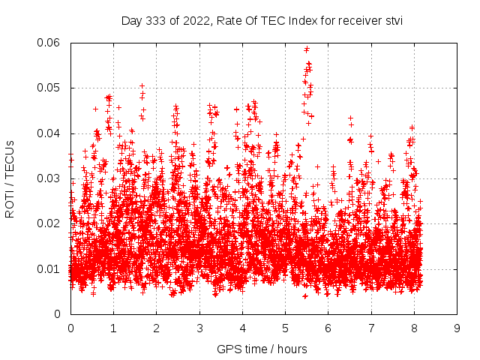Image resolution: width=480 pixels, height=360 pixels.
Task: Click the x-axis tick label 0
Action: (70, 328)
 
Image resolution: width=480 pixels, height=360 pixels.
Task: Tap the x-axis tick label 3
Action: (199, 328)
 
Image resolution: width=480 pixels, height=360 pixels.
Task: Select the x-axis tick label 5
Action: (285, 328)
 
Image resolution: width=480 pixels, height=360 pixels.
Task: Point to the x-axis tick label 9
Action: (457, 328)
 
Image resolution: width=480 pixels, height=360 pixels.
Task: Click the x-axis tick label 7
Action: (371, 328)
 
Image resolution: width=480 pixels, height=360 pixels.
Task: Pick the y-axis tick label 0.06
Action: (50, 43)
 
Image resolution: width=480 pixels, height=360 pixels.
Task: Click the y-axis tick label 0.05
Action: (50, 88)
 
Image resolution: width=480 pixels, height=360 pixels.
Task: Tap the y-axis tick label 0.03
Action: (50, 178)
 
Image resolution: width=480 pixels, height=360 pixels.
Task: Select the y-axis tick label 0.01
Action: (50, 268)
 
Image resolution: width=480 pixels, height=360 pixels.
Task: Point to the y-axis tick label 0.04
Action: (50, 133)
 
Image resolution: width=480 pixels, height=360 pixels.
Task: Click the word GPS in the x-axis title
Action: (228, 349)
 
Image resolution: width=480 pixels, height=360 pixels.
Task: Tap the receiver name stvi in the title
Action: (391, 21)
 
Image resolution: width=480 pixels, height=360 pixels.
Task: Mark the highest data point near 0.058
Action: (307, 49)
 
